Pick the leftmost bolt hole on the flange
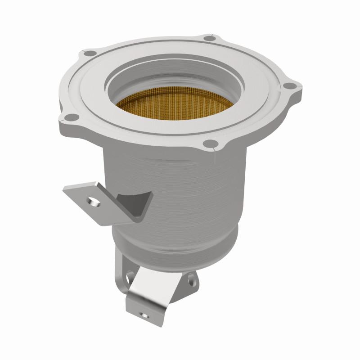[68, 118]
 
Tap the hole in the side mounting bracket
[94, 202]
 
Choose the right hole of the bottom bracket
[192, 280]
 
